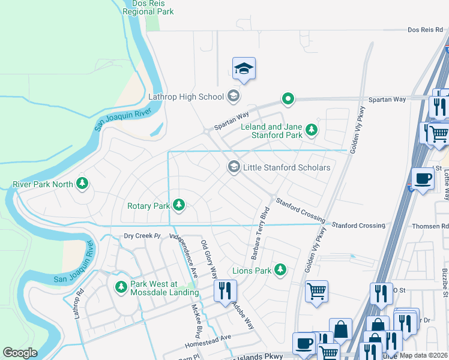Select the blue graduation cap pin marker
244,70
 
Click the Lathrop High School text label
186,97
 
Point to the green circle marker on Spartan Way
288,99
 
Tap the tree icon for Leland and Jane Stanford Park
311,130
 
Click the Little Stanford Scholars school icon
234,167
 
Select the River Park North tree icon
82,184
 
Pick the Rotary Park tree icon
178,206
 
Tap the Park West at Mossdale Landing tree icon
121,287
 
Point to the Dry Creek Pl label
143,236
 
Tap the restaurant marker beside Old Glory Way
226,291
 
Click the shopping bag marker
340,329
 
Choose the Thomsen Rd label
430,226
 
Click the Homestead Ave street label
208,337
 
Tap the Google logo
20,353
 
